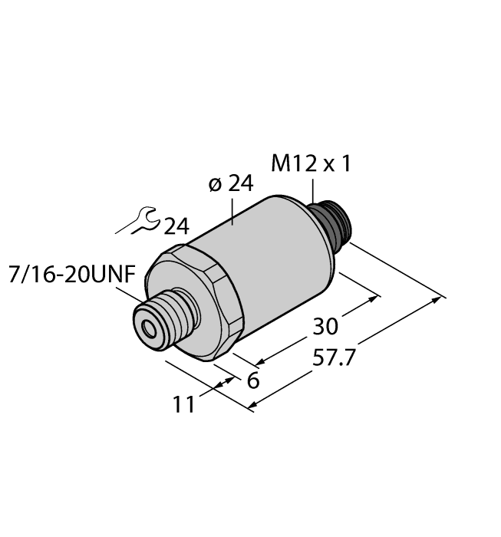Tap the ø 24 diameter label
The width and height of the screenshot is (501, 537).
(230, 186)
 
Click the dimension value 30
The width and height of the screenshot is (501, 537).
(325, 326)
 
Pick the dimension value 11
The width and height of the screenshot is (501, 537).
(183, 404)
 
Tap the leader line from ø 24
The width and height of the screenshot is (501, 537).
(233, 214)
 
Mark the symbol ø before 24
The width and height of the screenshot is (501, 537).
(215, 186)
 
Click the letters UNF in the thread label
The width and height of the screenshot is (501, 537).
(120, 274)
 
